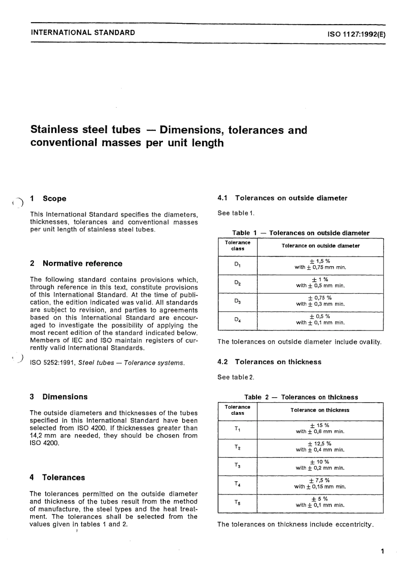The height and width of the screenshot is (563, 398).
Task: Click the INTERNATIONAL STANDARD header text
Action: click(83, 33)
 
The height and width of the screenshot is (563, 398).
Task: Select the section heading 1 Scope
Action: click(48, 199)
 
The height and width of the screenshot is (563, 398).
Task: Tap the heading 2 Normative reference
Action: click(76, 264)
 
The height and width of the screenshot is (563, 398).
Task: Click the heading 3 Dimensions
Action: click(59, 397)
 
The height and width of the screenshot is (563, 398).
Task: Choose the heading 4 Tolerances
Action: click(57, 478)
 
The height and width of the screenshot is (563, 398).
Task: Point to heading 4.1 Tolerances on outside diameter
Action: click(282, 198)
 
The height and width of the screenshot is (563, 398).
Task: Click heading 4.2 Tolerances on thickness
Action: click(269, 362)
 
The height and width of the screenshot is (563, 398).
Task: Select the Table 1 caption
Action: click(301, 233)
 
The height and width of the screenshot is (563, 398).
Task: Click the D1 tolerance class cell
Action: click(237, 265)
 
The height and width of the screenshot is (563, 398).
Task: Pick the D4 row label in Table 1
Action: click(237, 320)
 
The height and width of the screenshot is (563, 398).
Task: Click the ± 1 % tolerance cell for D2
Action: click(320, 283)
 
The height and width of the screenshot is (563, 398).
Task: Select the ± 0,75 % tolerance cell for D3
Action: click(320, 301)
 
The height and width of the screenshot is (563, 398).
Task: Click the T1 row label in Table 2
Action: click(237, 429)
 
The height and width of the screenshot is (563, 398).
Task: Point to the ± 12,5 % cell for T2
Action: click(320, 447)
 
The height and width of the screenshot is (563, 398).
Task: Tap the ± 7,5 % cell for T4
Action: click(320, 483)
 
